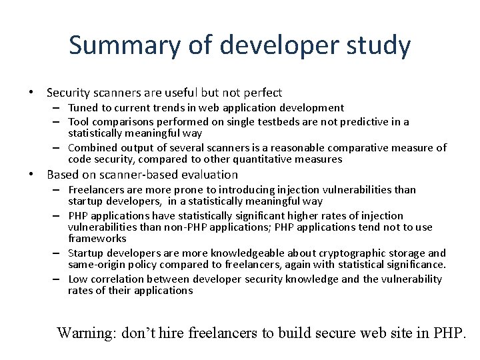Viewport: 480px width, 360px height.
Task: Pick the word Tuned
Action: [x=83, y=107]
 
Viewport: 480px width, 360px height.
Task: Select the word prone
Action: [x=192, y=189]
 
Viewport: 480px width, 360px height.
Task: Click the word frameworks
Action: [x=97, y=238]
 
